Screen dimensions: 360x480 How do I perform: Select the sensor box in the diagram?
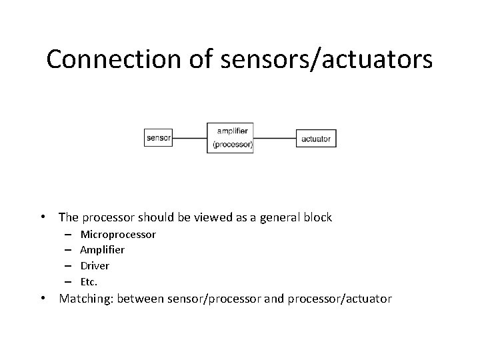click(x=158, y=139)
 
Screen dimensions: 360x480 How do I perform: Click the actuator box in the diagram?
click(x=316, y=139)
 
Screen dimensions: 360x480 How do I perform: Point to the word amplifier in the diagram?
click(x=230, y=131)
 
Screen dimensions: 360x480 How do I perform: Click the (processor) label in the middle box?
click(x=232, y=145)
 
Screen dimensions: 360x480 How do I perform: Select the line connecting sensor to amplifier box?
click(x=189, y=139)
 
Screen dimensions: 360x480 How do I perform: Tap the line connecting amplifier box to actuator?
click(x=275, y=139)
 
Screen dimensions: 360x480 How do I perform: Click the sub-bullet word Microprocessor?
click(x=118, y=235)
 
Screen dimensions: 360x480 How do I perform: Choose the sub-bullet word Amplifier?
click(x=102, y=250)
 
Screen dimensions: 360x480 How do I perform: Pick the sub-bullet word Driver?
click(x=95, y=265)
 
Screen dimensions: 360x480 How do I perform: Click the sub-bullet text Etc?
click(x=89, y=281)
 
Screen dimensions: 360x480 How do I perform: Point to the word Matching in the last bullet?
click(x=86, y=299)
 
